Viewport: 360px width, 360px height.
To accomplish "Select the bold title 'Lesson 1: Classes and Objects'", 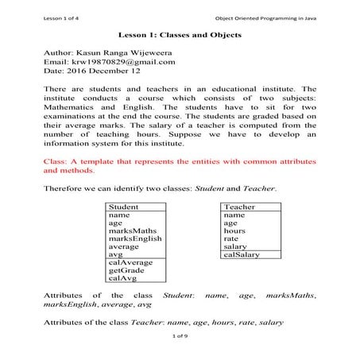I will [179, 36].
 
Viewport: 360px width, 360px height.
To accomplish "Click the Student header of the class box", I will [123, 207].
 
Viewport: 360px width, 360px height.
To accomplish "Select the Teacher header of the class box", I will [239, 207].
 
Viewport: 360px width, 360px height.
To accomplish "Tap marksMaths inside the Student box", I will [132, 232].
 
